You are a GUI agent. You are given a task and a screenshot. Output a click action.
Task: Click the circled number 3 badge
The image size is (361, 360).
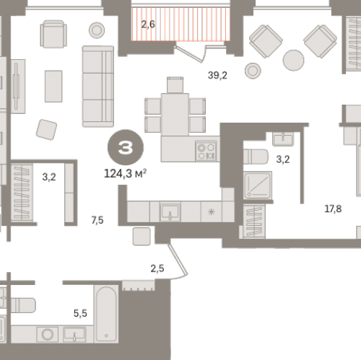126,147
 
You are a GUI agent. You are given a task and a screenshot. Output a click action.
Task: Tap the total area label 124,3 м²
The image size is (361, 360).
125,173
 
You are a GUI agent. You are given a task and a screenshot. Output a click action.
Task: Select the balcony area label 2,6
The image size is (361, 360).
148,25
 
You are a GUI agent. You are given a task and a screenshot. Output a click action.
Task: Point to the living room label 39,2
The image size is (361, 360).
217,75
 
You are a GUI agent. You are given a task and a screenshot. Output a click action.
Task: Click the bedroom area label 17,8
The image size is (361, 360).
333,208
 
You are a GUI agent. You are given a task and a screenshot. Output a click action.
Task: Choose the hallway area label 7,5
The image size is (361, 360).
97,220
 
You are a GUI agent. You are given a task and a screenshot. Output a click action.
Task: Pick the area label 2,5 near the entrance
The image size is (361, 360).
157,268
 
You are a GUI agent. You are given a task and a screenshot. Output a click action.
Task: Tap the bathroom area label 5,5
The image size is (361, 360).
80,313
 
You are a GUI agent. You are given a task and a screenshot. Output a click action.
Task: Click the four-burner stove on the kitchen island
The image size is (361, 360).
206,151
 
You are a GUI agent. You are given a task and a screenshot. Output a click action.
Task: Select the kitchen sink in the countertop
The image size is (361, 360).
170,212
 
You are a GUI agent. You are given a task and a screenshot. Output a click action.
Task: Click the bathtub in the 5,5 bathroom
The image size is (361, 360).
106,314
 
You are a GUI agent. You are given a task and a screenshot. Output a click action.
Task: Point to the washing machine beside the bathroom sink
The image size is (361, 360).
48,334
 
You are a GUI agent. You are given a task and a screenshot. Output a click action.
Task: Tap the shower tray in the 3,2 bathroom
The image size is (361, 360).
258,185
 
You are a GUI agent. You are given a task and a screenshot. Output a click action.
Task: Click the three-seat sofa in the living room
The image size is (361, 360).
98,87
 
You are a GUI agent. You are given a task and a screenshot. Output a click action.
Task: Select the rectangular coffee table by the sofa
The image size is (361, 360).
53,86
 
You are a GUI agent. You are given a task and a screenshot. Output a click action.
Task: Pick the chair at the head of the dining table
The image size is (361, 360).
175,85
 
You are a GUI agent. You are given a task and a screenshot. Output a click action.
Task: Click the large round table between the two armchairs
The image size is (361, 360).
293,60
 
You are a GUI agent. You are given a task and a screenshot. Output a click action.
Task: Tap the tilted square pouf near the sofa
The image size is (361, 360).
46,130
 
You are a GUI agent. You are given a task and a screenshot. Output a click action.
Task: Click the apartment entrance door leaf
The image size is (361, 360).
178,260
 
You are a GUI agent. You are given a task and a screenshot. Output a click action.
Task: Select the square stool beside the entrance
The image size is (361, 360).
142,237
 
